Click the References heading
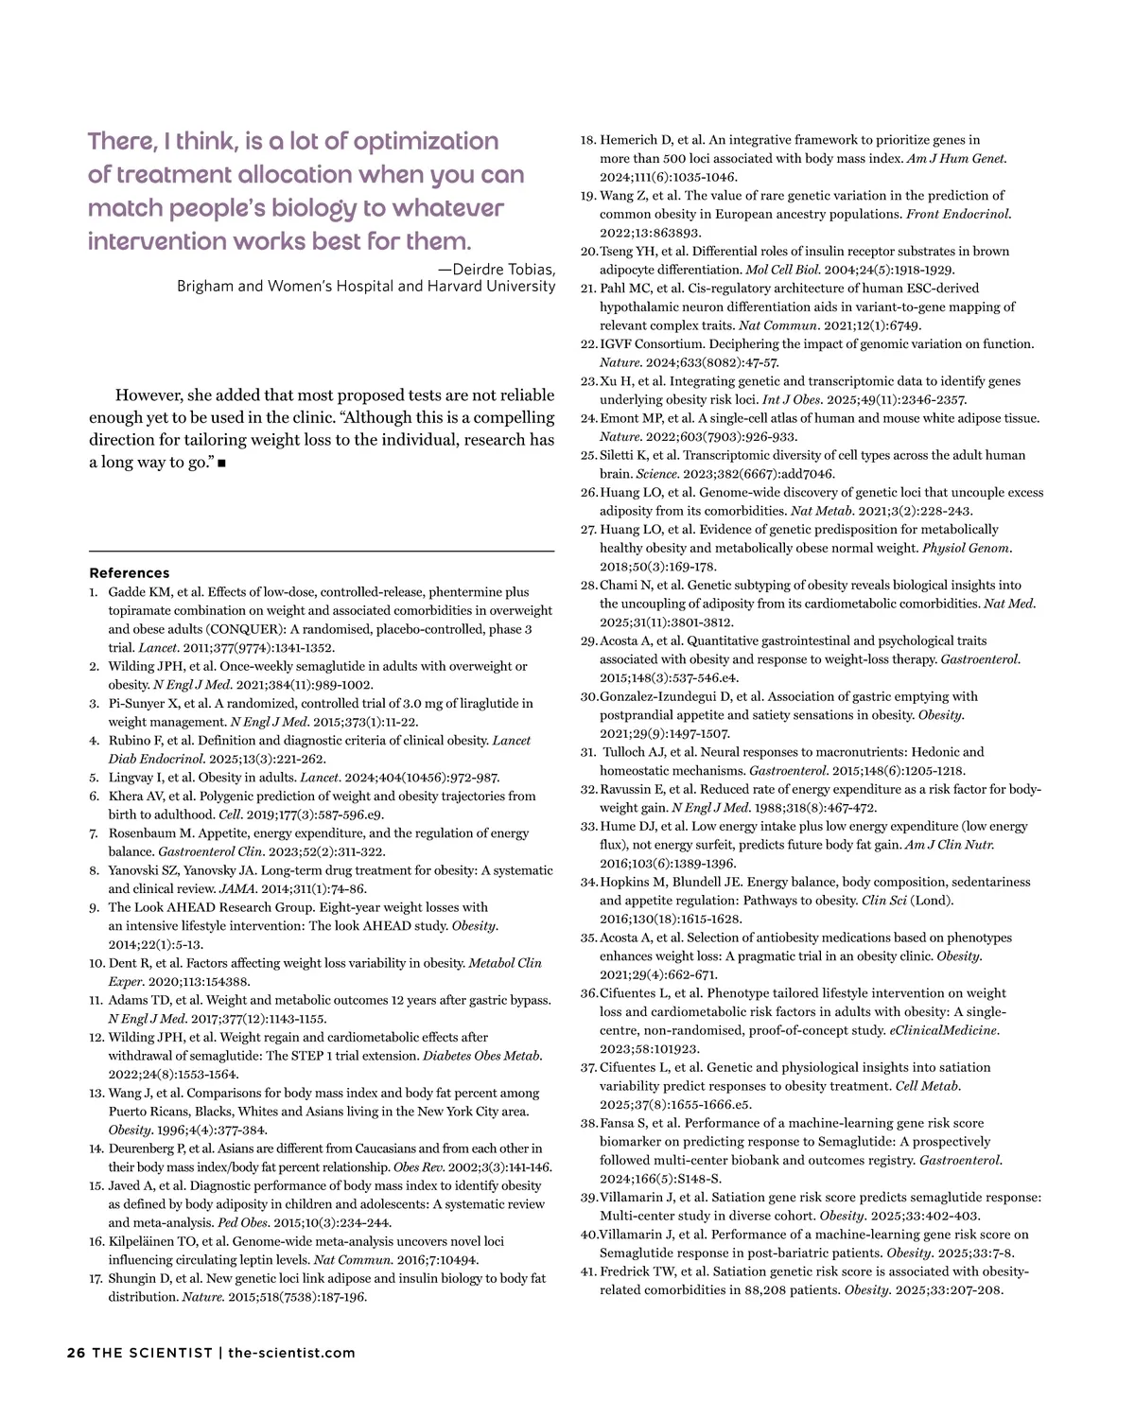click(x=129, y=573)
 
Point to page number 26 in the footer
click(x=76, y=1353)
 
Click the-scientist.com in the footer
click(x=291, y=1353)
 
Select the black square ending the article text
click(x=220, y=464)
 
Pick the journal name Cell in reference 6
click(x=230, y=815)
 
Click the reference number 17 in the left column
click(x=96, y=1279)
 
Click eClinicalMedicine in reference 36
click(x=943, y=1030)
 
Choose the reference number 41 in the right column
click(x=587, y=1271)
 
